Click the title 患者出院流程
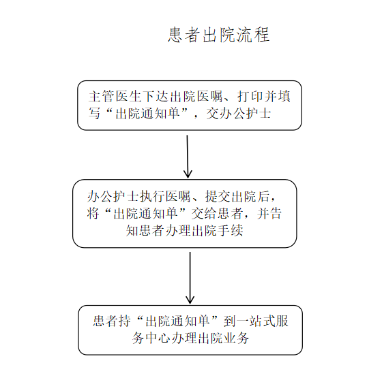[218, 35]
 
